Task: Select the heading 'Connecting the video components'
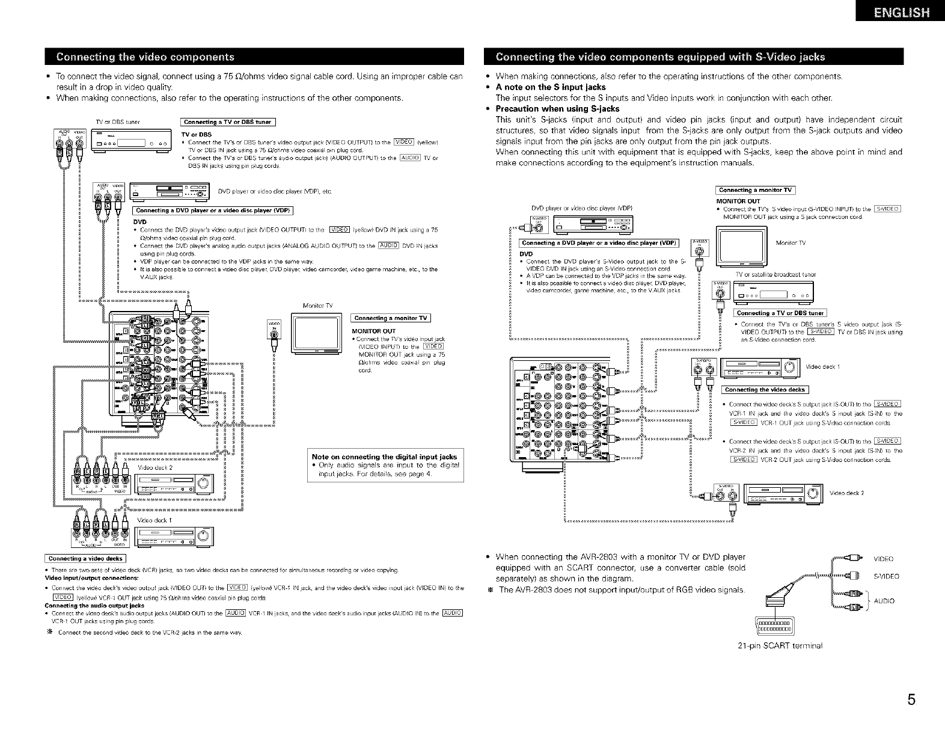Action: click(145, 57)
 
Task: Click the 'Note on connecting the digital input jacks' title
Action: click(384, 457)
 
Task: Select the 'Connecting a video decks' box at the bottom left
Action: click(85, 558)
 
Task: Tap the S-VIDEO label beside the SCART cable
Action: click(886, 576)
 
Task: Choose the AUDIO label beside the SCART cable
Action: click(884, 601)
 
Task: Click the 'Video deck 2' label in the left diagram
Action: click(155, 468)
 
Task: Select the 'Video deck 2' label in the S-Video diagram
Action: click(846, 493)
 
